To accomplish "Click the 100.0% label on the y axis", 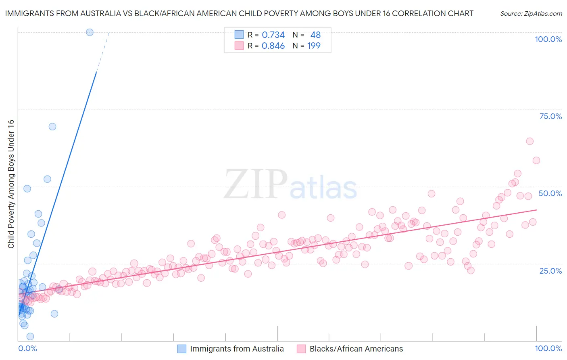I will point(548,39).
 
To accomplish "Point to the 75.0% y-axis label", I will point(550,116).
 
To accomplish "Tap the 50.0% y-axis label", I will point(550,193).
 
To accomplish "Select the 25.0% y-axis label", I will point(550,270).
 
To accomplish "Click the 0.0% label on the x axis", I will point(27,348).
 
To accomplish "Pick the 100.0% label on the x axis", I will point(548,348).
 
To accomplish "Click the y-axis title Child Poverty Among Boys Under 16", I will point(11,184).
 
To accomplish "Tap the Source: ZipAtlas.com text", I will point(531,14).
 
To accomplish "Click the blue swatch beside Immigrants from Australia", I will point(182,349).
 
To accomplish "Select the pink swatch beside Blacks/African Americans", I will point(301,349).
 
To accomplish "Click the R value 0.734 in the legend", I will point(273,35).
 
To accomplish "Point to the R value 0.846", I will point(273,46).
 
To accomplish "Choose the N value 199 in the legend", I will point(314,46).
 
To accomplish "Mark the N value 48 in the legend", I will point(315,35).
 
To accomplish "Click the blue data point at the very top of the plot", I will point(90,32).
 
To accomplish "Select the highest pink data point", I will point(529,141).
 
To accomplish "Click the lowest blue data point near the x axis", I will point(30,336).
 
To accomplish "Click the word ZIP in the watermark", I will point(256,184).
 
